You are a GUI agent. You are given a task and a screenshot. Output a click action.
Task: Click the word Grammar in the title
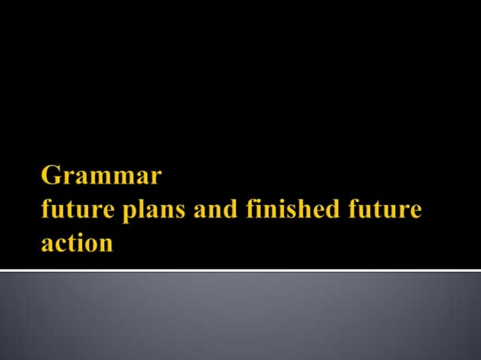[x=101, y=176]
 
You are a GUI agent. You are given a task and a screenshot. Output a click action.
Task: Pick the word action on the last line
[x=77, y=244]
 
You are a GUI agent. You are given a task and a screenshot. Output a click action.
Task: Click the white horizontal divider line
[x=240, y=270]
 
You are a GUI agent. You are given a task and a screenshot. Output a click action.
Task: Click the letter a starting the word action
[x=47, y=246]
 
